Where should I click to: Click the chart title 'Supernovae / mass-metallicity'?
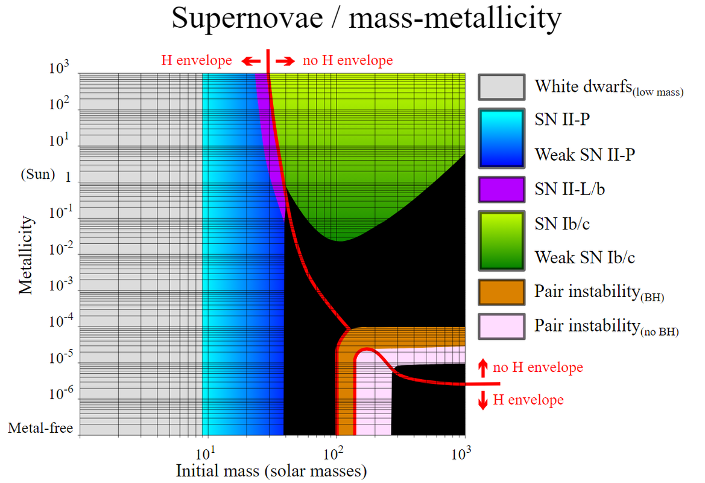366,19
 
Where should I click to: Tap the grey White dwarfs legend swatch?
501,87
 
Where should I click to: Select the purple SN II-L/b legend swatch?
501,188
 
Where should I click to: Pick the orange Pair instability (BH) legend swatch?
501,292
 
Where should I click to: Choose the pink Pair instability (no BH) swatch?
501,326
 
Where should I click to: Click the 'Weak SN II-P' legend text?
584,155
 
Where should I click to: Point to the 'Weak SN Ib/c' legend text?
584,258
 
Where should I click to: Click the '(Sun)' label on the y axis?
38,175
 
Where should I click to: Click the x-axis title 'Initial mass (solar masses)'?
271,470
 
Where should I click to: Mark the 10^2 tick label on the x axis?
334,452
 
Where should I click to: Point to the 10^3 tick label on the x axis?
462,452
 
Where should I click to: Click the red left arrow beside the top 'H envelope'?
251,61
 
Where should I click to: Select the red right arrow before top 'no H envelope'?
285,61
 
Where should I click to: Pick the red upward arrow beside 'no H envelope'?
482,367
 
